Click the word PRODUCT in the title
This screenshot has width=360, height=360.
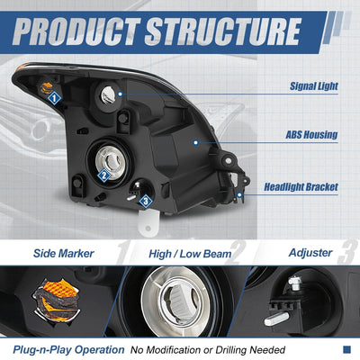[x=76, y=31]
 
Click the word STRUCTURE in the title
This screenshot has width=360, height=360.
[x=222, y=31]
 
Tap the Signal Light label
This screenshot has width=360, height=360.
[x=314, y=86]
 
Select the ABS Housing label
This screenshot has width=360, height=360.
[x=311, y=135]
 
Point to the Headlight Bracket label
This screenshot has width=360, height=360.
[x=301, y=187]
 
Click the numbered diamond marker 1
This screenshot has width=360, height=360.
[x=54, y=98]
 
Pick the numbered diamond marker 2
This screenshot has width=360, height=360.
[x=104, y=175]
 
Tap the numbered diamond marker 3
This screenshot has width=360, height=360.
[x=146, y=202]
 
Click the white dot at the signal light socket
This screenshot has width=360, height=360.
[x=120, y=94]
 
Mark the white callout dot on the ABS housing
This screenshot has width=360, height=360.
[x=196, y=142]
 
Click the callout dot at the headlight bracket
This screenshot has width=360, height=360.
[x=239, y=194]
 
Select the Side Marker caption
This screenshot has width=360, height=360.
[x=64, y=254]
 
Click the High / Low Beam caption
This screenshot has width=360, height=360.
[x=190, y=254]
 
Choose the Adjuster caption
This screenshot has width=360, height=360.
[x=310, y=253]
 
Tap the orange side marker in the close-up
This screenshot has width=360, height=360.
[x=57, y=299]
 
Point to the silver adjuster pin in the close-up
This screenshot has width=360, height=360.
[x=276, y=319]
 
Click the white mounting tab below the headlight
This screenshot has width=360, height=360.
[x=148, y=222]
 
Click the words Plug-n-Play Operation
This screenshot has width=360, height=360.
[x=68, y=350]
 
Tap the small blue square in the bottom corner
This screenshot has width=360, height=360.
[x=346, y=349]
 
